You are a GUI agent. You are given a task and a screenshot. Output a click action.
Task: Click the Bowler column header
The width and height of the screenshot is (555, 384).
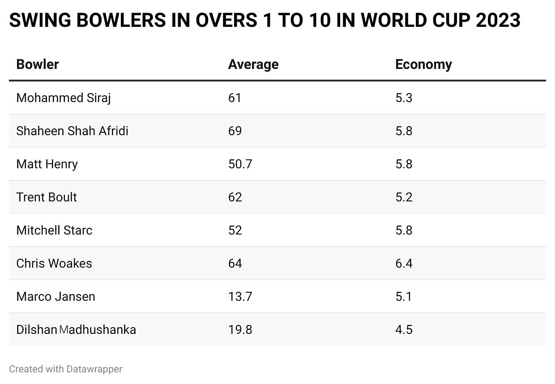click(38, 64)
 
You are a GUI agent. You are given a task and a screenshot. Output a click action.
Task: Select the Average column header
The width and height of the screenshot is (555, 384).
click(253, 64)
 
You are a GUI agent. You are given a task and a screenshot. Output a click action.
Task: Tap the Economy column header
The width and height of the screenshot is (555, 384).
click(423, 64)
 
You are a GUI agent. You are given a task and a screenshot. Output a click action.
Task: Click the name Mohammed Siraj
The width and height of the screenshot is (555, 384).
click(64, 98)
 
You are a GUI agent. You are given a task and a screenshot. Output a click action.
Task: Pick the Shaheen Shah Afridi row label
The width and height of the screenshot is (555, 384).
click(72, 131)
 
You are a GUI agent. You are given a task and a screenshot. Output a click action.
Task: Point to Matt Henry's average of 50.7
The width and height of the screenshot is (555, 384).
click(240, 164)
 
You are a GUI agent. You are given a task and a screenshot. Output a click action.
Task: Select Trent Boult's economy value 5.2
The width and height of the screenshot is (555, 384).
click(404, 197)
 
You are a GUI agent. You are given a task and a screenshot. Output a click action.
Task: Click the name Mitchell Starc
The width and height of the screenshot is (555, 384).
click(54, 230)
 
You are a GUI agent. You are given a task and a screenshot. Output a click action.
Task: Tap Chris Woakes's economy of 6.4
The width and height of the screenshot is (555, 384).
click(404, 264)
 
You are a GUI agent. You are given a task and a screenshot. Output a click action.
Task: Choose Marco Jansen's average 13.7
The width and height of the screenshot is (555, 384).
click(240, 297)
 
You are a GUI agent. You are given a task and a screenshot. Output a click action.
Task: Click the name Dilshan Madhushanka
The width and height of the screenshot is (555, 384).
click(76, 330)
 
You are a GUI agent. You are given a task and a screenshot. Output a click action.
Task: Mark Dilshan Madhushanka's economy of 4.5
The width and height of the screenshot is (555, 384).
click(404, 330)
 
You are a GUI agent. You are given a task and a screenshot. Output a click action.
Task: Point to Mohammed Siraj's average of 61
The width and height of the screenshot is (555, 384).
click(235, 98)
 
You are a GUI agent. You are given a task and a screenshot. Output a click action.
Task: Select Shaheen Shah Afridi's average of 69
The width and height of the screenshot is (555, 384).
click(235, 131)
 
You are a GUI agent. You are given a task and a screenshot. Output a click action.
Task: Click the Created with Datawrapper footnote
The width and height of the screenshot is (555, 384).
click(65, 369)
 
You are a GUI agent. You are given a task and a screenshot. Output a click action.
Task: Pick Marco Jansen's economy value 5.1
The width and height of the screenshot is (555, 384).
click(403, 297)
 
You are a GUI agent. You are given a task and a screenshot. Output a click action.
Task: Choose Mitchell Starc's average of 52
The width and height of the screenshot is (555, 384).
click(235, 230)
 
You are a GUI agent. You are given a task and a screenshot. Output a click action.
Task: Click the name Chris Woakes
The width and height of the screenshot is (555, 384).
click(54, 264)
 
